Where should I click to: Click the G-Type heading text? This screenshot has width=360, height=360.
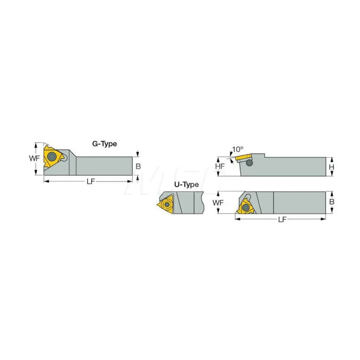click(105, 144)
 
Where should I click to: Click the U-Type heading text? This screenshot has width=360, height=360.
click(186, 185)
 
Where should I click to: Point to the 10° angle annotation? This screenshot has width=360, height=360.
click(238, 149)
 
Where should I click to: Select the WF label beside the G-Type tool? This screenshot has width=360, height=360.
click(35, 158)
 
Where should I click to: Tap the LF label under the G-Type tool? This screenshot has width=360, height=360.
click(91, 181)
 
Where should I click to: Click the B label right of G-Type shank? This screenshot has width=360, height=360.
click(138, 166)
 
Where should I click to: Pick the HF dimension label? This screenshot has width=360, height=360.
click(220, 166)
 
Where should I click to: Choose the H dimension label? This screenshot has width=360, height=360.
click(331, 167)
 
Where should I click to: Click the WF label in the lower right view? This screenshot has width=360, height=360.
click(218, 202)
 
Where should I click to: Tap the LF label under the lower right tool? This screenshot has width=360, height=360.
click(282, 219)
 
